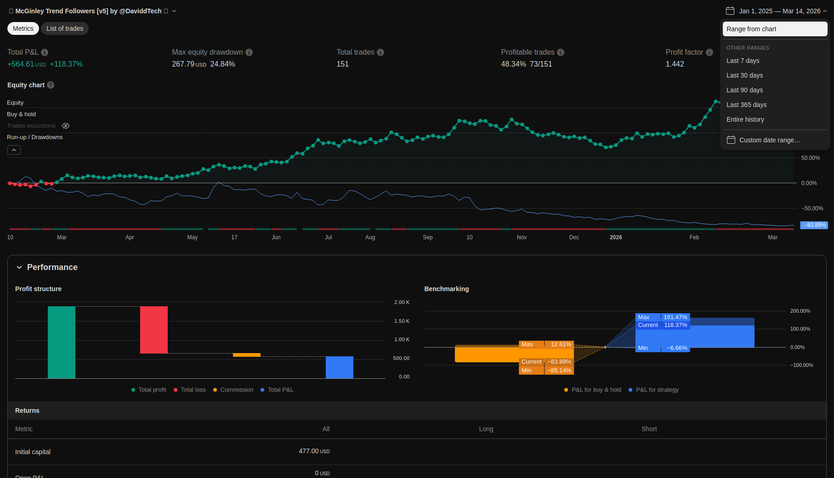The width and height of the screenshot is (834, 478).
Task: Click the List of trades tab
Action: [65, 28]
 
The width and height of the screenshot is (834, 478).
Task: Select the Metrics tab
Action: [23, 28]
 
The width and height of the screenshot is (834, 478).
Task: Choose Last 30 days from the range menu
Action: [744, 75]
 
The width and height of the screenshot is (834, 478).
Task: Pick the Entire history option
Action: [745, 119]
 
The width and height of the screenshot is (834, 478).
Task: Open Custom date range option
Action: [769, 140]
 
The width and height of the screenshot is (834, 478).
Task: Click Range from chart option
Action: [775, 29]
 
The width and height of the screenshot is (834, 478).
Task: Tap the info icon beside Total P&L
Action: [45, 52]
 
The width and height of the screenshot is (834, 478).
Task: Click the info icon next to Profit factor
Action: [709, 52]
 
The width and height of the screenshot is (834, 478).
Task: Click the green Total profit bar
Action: [62, 342]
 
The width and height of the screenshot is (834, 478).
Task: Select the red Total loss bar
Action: [154, 330]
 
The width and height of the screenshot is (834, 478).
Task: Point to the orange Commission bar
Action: [247, 355]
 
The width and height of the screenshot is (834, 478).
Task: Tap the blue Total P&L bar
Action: [340, 367]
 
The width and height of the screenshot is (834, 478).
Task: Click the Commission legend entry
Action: [236, 390]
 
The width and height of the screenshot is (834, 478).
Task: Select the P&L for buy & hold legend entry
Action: [596, 390]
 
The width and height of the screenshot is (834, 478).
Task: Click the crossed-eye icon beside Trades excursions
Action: [66, 126]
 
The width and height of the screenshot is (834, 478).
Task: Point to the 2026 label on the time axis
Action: [616, 237]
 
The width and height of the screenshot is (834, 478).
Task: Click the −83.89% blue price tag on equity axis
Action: [814, 225]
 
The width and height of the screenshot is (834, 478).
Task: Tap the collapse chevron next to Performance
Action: [19, 267]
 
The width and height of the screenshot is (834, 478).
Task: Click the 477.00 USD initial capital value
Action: [314, 451]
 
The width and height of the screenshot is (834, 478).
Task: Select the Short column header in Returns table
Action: [649, 429]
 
